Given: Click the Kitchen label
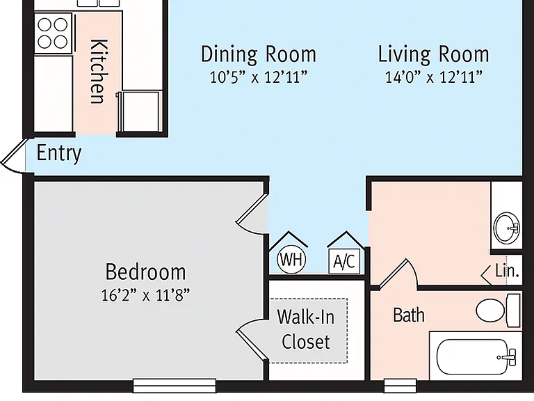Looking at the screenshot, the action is click(x=99, y=71).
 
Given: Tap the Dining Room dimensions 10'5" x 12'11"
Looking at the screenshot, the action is click(x=259, y=77).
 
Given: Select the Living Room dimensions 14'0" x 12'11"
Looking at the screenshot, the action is click(x=434, y=77).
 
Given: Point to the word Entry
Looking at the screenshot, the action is click(x=59, y=153).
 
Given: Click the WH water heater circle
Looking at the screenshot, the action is click(x=291, y=260).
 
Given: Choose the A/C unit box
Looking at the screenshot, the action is click(x=344, y=261).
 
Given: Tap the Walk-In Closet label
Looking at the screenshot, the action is click(x=306, y=329).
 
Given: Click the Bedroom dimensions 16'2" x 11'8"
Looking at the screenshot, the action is click(x=145, y=295).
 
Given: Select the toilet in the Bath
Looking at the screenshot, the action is click(x=498, y=310).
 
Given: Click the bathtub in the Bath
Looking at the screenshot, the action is click(x=476, y=357).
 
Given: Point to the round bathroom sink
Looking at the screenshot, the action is click(x=507, y=228).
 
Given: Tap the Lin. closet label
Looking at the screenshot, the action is click(x=507, y=271).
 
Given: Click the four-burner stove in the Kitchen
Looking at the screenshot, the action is click(x=53, y=33).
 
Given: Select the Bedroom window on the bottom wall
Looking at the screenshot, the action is click(x=174, y=386).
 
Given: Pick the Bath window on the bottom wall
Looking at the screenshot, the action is click(x=400, y=386).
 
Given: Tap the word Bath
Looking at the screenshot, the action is click(x=409, y=315).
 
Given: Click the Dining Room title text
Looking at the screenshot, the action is click(x=259, y=54).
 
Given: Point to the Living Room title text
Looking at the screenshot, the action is click(x=434, y=54).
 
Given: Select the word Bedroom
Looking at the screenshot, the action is click(x=146, y=272).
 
